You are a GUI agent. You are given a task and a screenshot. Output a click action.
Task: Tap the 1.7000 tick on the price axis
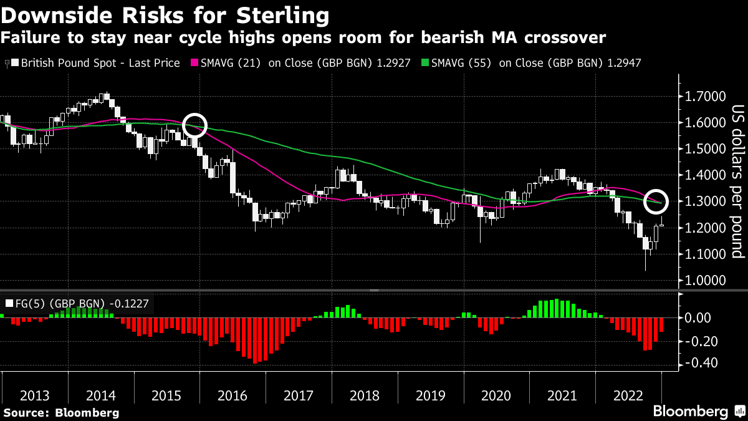(706, 97)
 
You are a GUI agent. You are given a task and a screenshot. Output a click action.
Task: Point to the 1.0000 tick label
(706, 281)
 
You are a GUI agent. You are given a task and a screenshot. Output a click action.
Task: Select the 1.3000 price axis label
(706, 202)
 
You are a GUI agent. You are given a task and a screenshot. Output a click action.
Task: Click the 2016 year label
(232, 395)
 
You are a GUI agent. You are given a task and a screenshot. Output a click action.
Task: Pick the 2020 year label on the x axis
(496, 395)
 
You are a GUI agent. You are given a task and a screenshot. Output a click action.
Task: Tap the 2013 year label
(35, 395)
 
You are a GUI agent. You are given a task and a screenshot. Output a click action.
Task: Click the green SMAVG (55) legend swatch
(425, 63)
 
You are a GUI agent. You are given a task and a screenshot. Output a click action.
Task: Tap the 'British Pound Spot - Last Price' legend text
(100, 63)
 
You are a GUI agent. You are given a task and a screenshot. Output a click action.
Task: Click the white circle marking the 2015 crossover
(194, 124)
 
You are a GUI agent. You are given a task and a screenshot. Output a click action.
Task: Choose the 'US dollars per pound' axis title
(737, 181)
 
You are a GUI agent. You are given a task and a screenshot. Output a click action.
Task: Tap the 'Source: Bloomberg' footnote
(61, 412)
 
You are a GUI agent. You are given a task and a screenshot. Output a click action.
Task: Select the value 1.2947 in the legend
(623, 63)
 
